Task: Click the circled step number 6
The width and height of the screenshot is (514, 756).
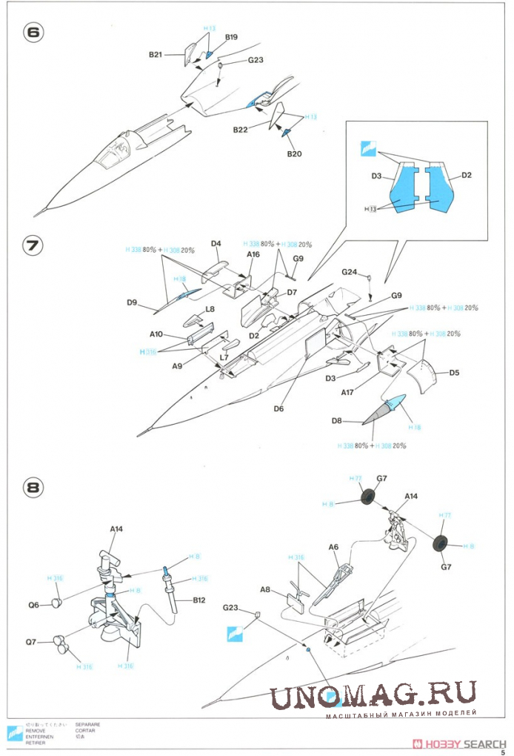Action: click(33, 34)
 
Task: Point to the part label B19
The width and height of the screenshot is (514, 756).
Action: click(231, 37)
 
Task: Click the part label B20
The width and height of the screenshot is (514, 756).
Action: click(295, 154)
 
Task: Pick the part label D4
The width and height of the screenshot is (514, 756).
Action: click(216, 243)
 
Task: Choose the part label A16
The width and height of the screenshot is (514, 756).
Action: click(253, 254)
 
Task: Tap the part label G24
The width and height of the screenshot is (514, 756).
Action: click(350, 272)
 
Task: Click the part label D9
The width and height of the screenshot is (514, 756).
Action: click(133, 302)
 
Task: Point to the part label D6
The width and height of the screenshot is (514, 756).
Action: click(279, 408)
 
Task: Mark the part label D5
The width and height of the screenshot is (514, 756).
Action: click(454, 372)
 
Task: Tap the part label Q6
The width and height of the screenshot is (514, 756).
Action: click(34, 604)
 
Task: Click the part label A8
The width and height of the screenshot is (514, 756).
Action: click(265, 590)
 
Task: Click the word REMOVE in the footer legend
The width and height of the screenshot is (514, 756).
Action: click(36, 730)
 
